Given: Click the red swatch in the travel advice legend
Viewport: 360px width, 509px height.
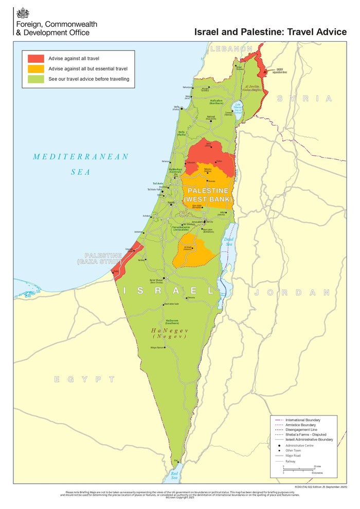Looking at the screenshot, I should coord(36,58).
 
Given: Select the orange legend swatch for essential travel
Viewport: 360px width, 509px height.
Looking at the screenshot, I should coord(36,68).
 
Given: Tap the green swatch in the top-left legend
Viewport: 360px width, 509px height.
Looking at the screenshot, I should coord(36,79).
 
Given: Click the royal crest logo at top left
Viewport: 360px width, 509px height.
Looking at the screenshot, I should coord(23,14).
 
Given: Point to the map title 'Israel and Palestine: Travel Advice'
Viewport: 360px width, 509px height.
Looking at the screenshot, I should coord(271,32).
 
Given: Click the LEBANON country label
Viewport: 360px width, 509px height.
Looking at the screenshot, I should coord(232,49).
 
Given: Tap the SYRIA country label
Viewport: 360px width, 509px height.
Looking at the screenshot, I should coord(304,99).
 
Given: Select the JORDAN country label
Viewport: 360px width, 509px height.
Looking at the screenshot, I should coord(291,292).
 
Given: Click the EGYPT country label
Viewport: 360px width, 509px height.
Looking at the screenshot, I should coord(85,379).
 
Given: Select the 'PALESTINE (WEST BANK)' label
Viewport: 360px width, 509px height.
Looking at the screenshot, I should coord(208,195).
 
